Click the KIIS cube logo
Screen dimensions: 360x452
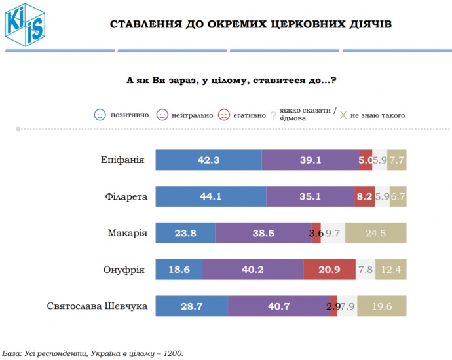(x=24, y=24)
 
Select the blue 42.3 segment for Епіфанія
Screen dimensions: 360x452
(x=208, y=160)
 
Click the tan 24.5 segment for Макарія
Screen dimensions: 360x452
(x=375, y=233)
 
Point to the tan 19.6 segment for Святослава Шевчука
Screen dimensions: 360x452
(x=381, y=306)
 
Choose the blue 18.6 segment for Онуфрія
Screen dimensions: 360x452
(x=179, y=269)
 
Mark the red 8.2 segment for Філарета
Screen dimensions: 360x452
(x=364, y=196)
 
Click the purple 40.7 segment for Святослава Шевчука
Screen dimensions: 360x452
(x=278, y=306)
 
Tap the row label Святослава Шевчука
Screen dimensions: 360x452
(x=98, y=306)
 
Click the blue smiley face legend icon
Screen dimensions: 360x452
(x=100, y=115)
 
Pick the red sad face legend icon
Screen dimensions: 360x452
(x=224, y=115)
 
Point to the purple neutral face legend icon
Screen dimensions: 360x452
(x=162, y=115)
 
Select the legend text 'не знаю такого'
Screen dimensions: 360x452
(x=377, y=115)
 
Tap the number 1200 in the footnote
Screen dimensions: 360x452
(x=173, y=353)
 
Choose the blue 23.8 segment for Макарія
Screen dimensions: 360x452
(x=185, y=233)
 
